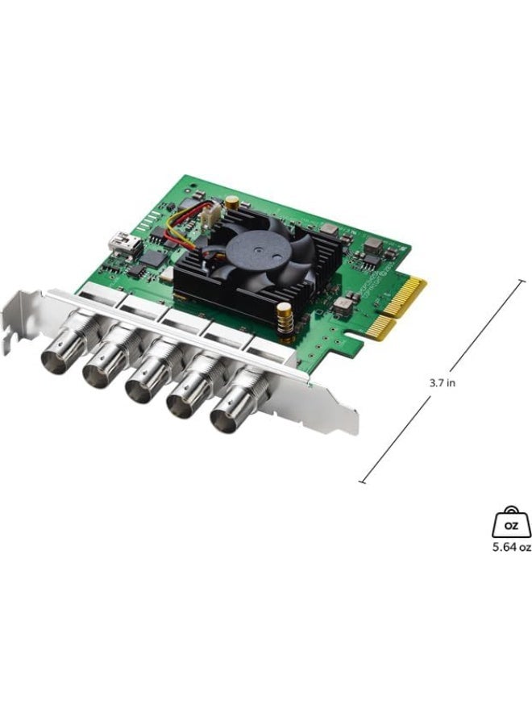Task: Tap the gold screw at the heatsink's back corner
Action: [231, 201]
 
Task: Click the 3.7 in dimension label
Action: [442, 383]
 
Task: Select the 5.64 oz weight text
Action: [512, 546]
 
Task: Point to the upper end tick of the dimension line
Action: [522, 282]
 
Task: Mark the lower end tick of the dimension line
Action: [363, 482]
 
